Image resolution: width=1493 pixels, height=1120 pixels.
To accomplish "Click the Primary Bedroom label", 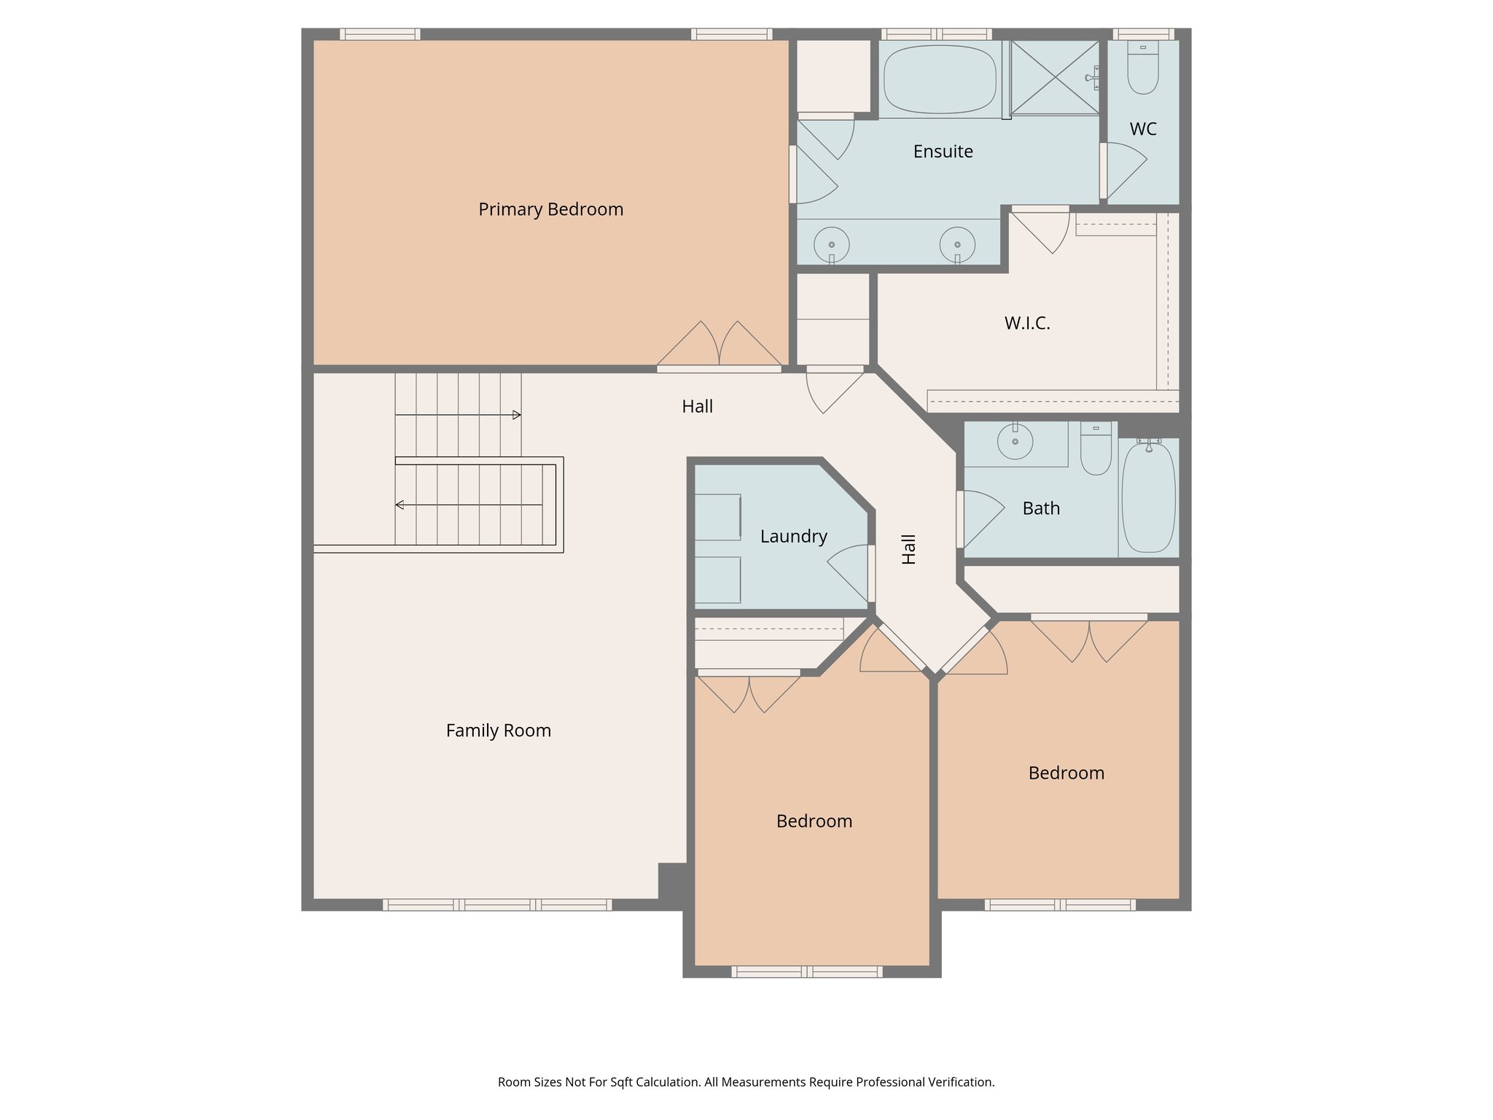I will click(550, 209).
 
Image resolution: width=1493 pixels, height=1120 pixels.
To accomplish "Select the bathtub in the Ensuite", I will click(939, 79).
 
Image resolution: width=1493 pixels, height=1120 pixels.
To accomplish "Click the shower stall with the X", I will click(1054, 78).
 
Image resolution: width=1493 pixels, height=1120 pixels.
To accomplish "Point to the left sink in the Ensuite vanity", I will click(831, 244).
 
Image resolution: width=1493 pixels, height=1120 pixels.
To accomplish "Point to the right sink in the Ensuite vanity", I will click(956, 244).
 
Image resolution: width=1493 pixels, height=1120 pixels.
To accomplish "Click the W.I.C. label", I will click(1027, 323).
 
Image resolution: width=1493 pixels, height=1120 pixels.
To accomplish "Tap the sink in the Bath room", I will click(1015, 442).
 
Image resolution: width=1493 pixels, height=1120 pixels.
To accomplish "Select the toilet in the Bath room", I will click(1096, 451).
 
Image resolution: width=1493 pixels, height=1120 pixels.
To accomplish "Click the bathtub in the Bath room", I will click(1148, 498).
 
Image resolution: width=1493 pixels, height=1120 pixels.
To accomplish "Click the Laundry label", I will click(793, 537).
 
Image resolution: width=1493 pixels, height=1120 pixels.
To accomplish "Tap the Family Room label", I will click(498, 731).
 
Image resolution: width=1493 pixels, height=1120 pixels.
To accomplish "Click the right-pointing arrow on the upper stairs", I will click(516, 415).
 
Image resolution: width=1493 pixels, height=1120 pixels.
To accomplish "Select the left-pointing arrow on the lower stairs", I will click(399, 505).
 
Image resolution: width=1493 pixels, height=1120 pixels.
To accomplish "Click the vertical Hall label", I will click(908, 549).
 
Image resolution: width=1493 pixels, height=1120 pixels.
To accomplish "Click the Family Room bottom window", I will click(497, 905).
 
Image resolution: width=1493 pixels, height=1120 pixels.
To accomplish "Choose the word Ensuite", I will click(943, 152).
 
